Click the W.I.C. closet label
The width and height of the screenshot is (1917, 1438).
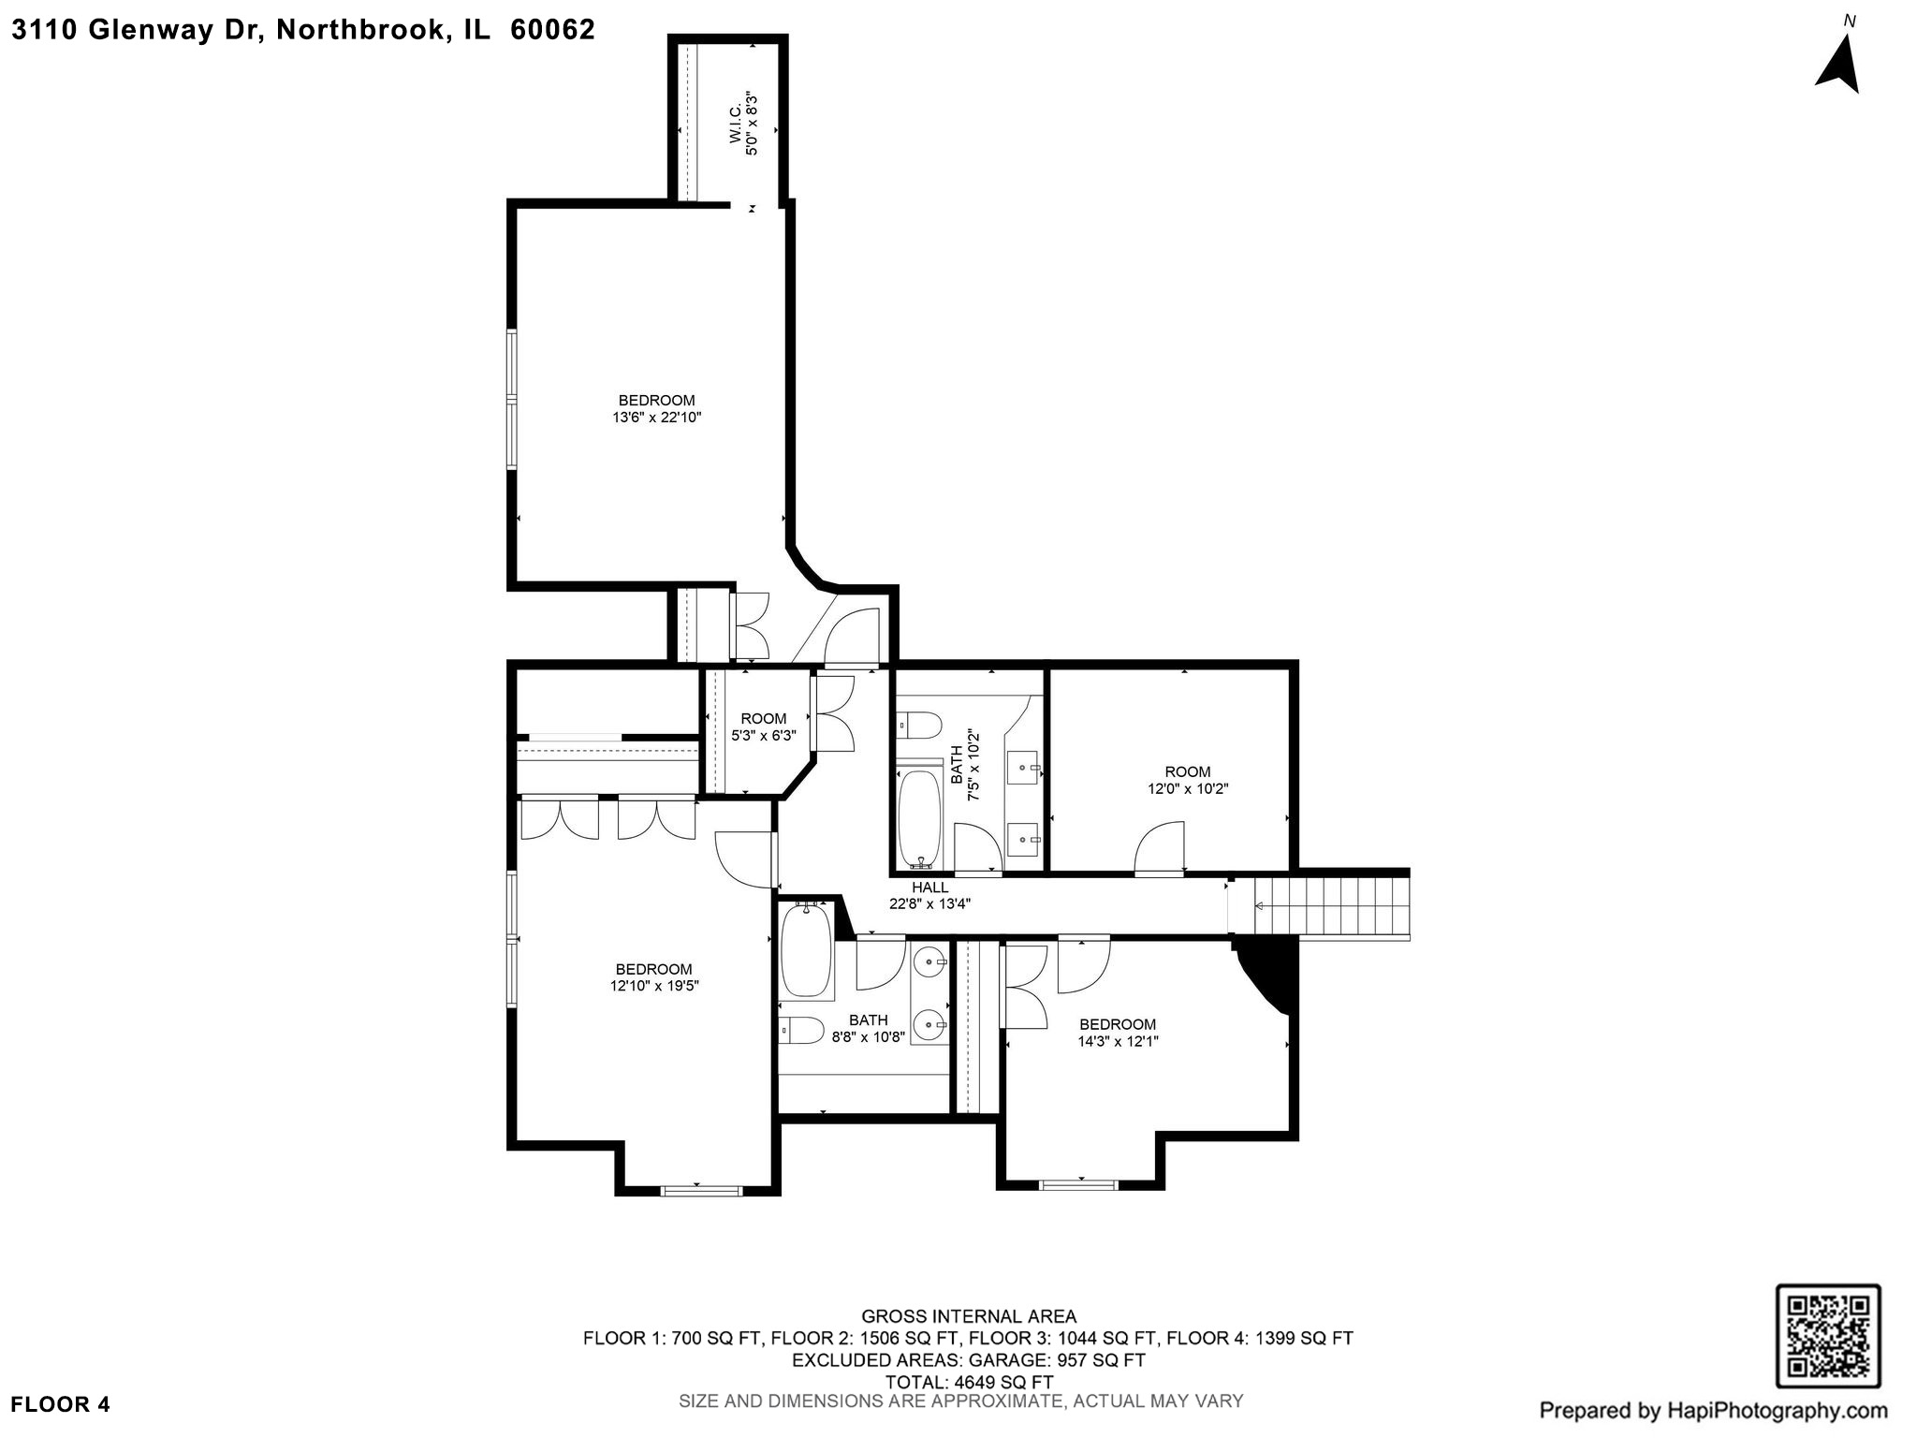click(736, 123)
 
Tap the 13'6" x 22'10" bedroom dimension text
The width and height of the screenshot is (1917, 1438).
click(656, 418)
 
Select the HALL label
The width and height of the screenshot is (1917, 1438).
click(929, 888)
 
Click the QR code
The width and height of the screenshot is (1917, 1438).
click(1828, 1336)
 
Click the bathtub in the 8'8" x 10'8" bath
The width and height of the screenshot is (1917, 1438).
click(806, 949)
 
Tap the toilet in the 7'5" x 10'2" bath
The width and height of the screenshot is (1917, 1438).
click(918, 724)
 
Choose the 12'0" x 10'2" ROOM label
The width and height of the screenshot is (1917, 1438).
click(1187, 772)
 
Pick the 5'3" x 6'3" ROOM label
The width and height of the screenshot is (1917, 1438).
click(763, 719)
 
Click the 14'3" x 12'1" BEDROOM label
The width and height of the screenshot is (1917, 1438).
click(1117, 1024)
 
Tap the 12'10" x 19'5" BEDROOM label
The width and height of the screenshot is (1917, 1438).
click(653, 969)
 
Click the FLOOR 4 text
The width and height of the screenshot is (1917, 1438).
click(61, 1404)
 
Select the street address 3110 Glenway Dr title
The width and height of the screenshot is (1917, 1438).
click(302, 30)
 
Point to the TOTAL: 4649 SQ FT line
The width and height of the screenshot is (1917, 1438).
click(968, 1382)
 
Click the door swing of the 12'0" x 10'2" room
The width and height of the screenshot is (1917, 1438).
click(1161, 846)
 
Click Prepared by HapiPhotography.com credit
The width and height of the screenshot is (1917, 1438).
click(1713, 1410)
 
